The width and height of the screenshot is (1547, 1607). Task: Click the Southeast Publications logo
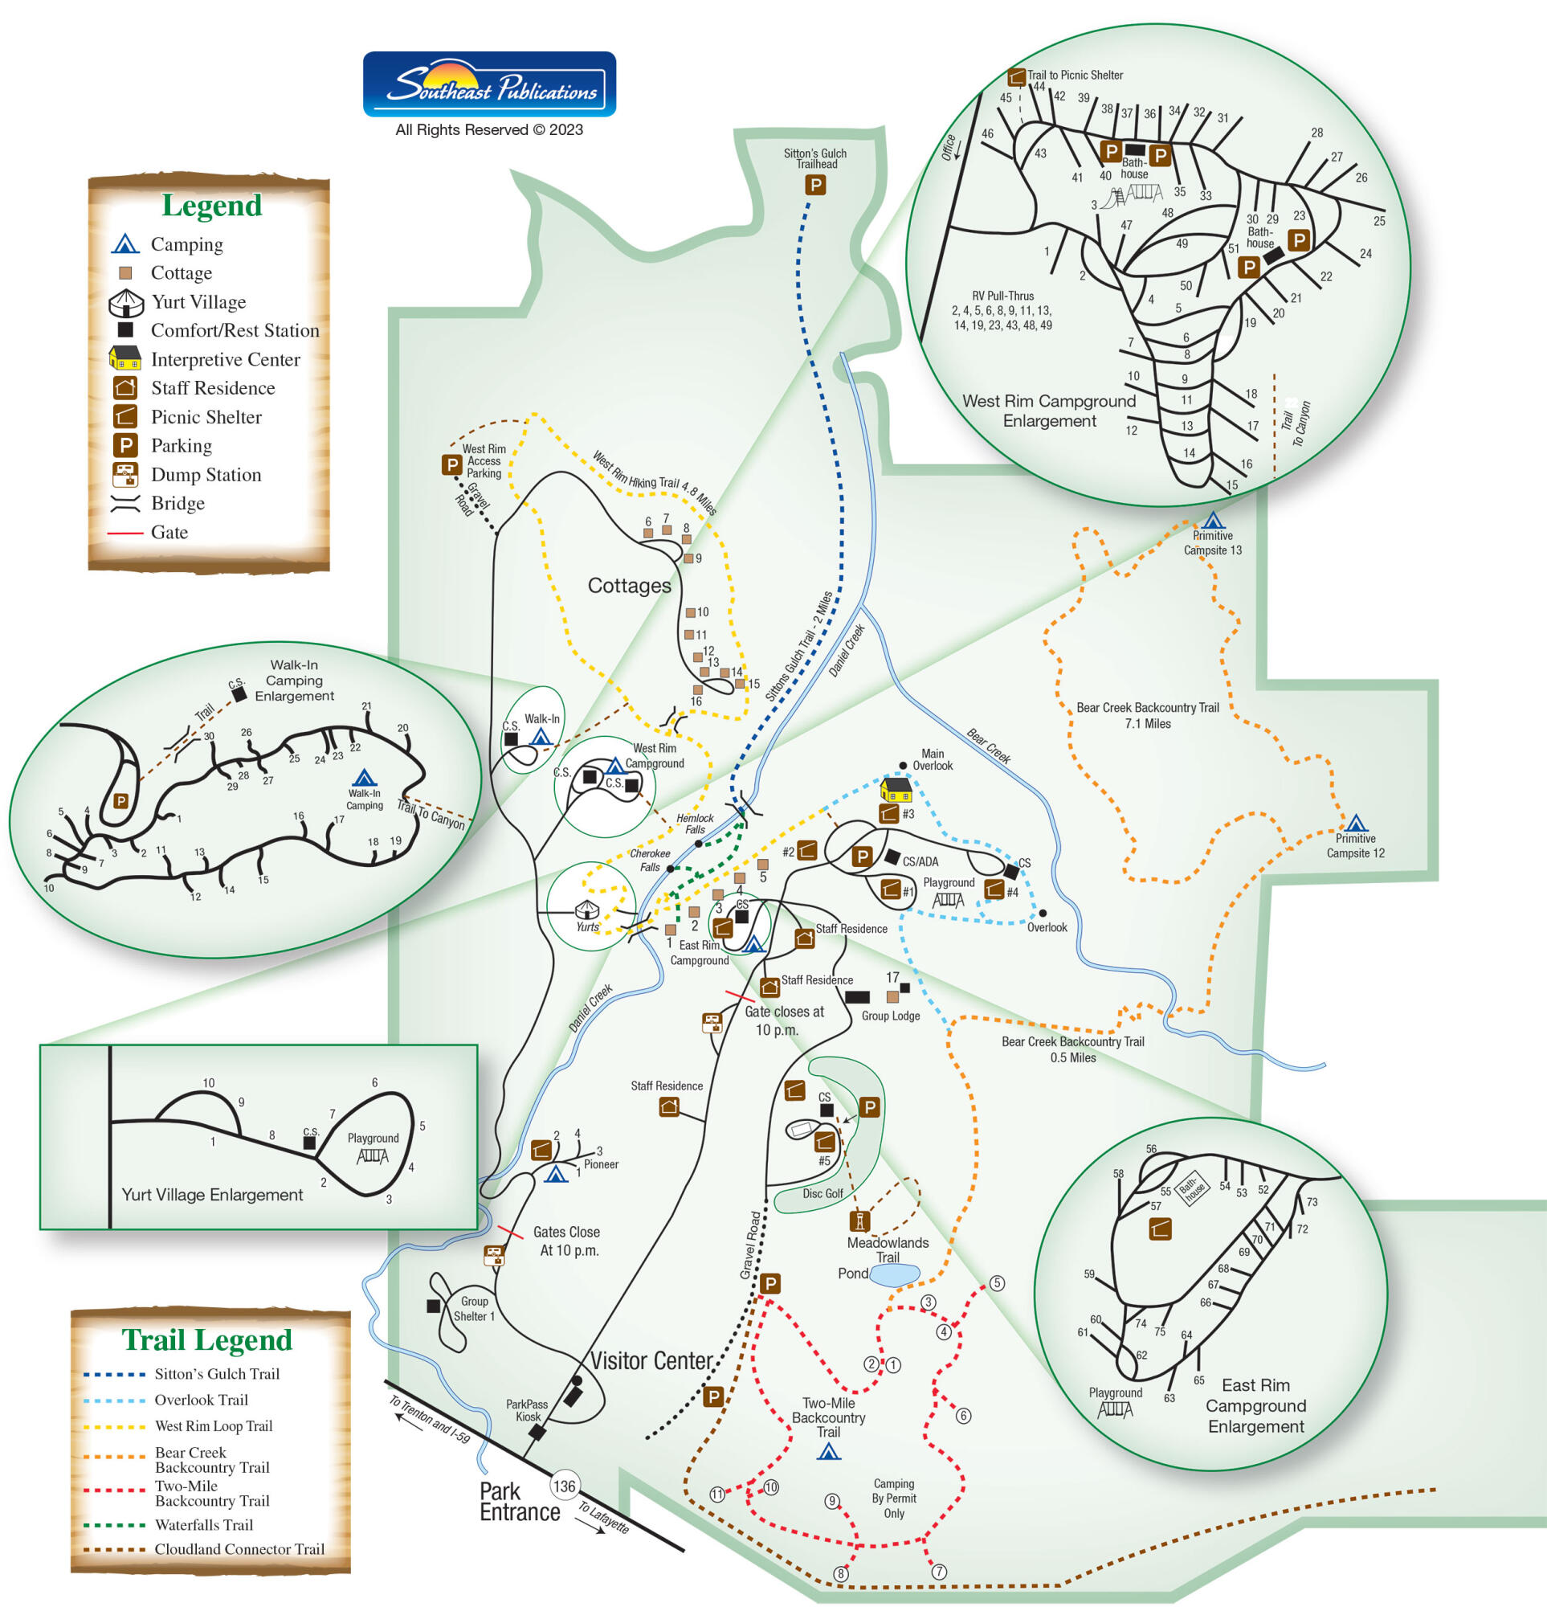pyautogui.click(x=489, y=84)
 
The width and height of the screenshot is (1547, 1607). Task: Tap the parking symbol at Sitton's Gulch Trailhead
pyautogui.click(x=814, y=186)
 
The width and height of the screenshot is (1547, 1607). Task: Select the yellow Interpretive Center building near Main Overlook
pyautogui.click(x=896, y=789)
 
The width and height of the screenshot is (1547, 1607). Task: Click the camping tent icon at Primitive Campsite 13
pyautogui.click(x=1213, y=520)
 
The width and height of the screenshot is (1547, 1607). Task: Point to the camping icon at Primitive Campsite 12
pyautogui.click(x=1356, y=822)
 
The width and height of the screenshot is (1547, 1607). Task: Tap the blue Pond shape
pyautogui.click(x=895, y=1275)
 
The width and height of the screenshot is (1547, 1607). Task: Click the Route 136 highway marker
pyautogui.click(x=564, y=1485)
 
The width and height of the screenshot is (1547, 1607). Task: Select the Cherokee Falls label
pyautogui.click(x=649, y=860)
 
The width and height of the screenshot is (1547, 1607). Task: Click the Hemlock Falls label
pyautogui.click(x=696, y=823)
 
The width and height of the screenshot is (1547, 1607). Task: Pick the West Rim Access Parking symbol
pyautogui.click(x=451, y=465)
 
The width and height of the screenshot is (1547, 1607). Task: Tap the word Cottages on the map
pyautogui.click(x=629, y=586)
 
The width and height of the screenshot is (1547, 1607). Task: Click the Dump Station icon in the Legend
pyautogui.click(x=124, y=475)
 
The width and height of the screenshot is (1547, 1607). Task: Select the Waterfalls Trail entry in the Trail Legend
pyautogui.click(x=203, y=1524)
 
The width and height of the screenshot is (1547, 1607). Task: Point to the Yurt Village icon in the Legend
pyautogui.click(x=125, y=303)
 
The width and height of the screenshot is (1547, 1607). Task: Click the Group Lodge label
pyautogui.click(x=890, y=1016)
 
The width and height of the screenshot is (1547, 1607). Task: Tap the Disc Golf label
pyautogui.click(x=822, y=1193)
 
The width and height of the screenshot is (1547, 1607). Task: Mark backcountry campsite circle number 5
pyautogui.click(x=997, y=1283)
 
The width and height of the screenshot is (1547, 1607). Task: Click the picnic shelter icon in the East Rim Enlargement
pyautogui.click(x=1160, y=1229)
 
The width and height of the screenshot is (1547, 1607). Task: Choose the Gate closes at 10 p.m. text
pyautogui.click(x=783, y=1020)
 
